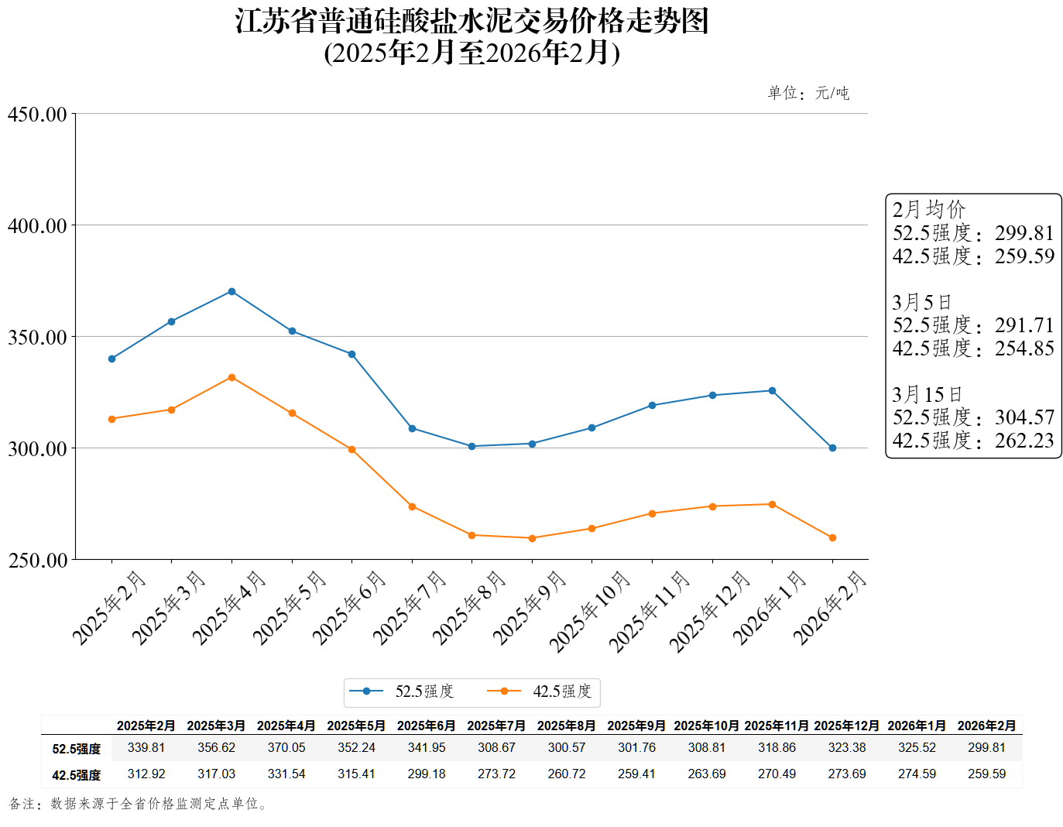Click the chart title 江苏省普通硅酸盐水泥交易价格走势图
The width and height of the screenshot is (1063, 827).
471,21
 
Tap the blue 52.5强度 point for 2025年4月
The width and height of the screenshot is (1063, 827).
231,292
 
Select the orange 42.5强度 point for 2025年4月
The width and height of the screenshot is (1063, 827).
231,377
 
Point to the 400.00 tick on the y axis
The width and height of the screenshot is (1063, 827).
37,226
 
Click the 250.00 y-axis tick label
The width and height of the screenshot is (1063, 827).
37,560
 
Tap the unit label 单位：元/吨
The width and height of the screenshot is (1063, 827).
808,94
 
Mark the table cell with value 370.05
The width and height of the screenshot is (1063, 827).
286,748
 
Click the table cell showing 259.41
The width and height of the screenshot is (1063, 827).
636,774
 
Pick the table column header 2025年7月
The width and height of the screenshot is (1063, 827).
496,726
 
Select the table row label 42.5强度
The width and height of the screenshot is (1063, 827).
76,775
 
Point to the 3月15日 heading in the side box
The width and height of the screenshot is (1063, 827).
927,395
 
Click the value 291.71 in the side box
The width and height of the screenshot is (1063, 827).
1024,325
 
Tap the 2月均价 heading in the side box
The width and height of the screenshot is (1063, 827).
928,210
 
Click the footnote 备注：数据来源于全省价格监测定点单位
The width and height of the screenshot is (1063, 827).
139,805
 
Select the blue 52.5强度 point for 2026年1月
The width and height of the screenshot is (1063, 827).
772,391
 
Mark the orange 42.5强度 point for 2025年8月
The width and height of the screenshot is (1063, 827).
471,535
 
